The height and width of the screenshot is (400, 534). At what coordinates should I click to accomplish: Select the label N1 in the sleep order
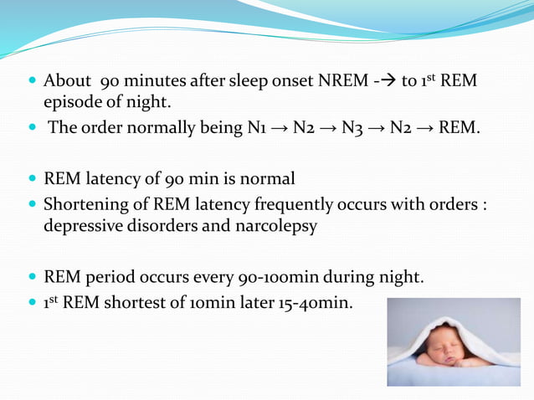tap(257, 129)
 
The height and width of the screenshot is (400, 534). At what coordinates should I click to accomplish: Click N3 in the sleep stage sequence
tap(356, 129)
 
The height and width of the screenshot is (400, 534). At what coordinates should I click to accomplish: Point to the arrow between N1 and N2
tap(280, 129)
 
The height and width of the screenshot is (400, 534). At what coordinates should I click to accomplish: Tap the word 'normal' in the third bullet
tap(265, 180)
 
